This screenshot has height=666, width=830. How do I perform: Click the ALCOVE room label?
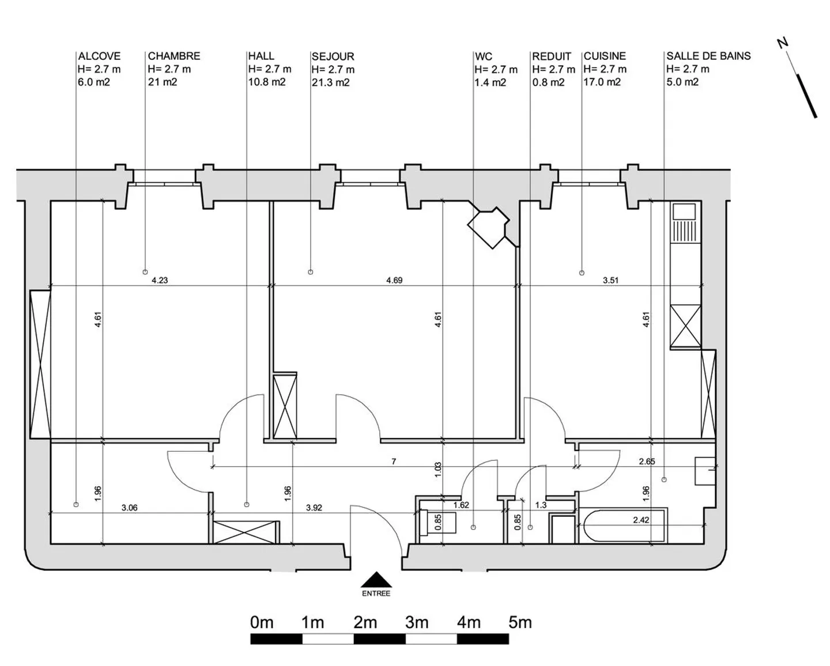pos(99,56)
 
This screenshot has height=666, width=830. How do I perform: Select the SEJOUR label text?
pos(333,56)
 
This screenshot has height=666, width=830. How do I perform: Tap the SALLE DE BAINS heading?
pos(708,56)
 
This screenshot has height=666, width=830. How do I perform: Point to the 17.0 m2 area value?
pos(602,82)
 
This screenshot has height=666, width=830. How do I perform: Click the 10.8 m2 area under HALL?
pos(266,82)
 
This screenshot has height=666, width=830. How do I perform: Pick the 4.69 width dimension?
pos(394,281)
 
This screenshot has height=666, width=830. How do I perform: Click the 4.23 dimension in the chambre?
pos(160,281)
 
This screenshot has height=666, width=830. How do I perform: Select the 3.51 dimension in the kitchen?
pos(610,281)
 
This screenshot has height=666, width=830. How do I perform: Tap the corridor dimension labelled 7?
pos(394,461)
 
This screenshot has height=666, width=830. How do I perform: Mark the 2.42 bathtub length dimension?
pos(641,520)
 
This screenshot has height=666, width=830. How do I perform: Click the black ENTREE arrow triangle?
pos(376,579)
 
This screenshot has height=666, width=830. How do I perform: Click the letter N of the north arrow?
pos(782,43)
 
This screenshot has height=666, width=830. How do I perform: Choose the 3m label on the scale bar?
pos(416,623)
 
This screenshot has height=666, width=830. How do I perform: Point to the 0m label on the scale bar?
pos(262,623)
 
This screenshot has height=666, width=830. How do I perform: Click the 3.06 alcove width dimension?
pos(130,508)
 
